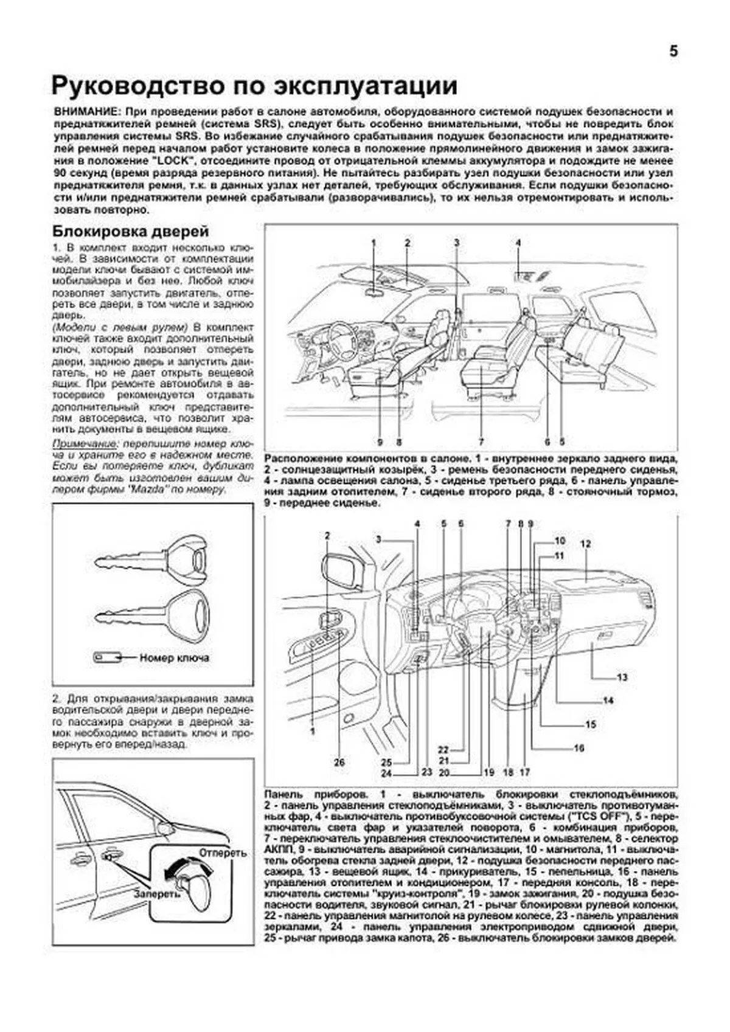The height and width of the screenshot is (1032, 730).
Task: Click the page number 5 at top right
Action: coord(673,51)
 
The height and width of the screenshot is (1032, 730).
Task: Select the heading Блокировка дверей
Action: coord(131,232)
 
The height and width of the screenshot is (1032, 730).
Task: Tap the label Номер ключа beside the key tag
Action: coord(174,658)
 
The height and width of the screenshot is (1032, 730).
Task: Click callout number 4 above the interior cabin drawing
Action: coord(518,243)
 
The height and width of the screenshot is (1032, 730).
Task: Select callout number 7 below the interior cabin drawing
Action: coord(481,442)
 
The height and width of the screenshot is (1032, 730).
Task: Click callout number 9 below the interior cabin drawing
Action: coord(379,442)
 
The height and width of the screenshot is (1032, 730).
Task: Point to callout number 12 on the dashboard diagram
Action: coord(585,544)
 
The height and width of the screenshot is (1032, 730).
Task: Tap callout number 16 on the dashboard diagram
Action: coord(579,748)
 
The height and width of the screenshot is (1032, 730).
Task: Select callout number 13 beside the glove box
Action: coord(622,677)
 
